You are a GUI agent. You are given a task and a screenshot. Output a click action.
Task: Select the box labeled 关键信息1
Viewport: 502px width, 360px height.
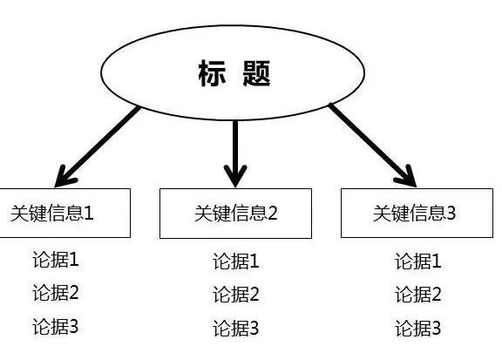pyautogui.click(x=64, y=213)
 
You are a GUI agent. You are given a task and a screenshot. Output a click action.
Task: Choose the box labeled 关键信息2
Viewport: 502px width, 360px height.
pyautogui.click(x=235, y=214)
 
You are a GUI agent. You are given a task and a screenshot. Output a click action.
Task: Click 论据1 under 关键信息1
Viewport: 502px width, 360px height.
pyautogui.click(x=56, y=260)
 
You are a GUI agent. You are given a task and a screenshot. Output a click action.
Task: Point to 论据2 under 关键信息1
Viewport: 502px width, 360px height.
pyautogui.click(x=56, y=293)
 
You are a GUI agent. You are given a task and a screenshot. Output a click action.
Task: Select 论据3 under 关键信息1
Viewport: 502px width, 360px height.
pyautogui.click(x=56, y=327)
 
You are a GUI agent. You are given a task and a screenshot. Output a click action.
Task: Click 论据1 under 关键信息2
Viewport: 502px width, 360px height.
pyautogui.click(x=236, y=261)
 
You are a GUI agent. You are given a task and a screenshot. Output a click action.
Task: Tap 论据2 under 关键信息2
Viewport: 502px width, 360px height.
pyautogui.click(x=236, y=295)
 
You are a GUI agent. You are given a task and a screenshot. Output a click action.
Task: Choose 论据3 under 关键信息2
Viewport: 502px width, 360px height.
pyautogui.click(x=236, y=329)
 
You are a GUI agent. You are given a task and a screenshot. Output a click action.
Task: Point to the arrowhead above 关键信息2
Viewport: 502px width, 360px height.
pyautogui.click(x=235, y=174)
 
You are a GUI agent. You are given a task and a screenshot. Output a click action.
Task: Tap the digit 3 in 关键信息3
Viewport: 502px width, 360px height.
pyautogui.click(x=451, y=213)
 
